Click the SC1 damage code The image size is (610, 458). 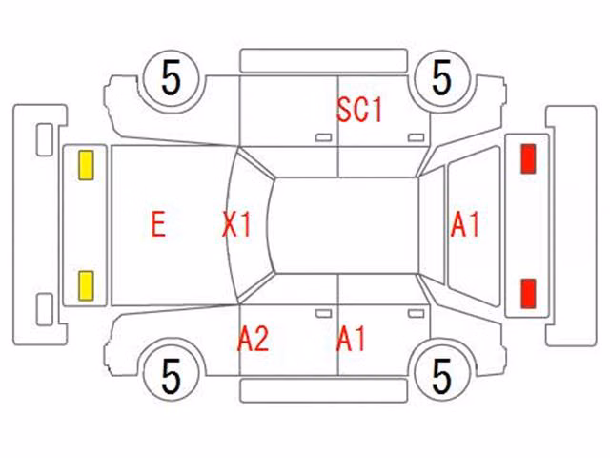tap(359, 111)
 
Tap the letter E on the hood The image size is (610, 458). tap(159, 224)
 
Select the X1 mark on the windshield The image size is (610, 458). tap(236, 224)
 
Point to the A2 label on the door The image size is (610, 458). tap(254, 339)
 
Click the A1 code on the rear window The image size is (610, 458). tap(465, 225)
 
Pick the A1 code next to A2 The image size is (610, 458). tap(351, 339)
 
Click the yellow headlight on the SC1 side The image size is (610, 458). tap(86, 165)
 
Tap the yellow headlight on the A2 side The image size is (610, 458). tap(86, 286)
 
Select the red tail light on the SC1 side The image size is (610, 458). tap(528, 158)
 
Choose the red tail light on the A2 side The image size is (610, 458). tap(528, 293)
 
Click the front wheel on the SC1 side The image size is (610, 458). tap(172, 78)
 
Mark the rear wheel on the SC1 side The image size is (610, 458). tap(442, 78)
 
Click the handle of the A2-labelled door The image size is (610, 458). tap(323, 314)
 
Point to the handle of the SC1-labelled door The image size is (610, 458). tap(416, 137)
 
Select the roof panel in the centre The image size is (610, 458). tap(345, 225)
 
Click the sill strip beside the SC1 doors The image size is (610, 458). tap(324, 60)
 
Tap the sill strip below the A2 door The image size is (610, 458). tap(324, 390)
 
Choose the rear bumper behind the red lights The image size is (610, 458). tap(572, 225)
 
